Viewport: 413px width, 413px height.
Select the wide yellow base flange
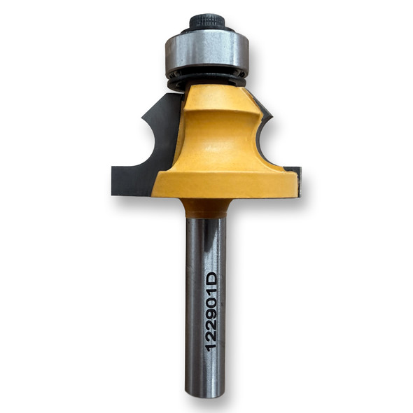pos(224,183)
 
